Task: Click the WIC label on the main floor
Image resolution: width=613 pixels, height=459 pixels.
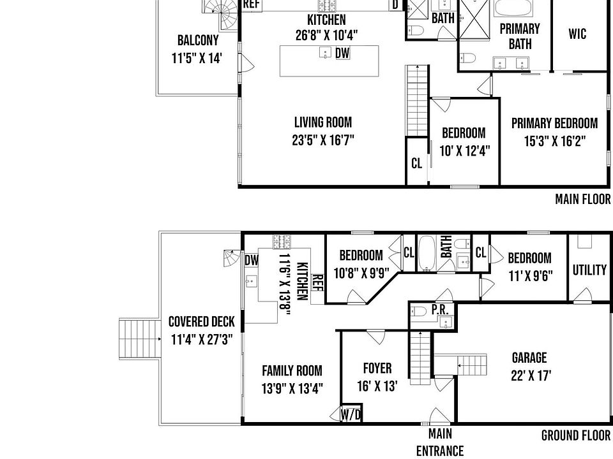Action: coord(577,34)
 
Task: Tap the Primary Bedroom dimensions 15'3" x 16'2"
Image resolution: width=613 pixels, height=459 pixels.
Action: coord(554,141)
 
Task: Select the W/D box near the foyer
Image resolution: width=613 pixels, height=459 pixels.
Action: coord(351,414)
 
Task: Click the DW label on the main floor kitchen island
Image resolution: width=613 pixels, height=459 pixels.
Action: coord(343,54)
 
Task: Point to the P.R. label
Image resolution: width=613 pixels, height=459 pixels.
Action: coord(439,309)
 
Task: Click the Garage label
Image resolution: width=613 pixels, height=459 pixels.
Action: coord(529,358)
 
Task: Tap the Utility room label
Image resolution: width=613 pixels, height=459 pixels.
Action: coord(589,270)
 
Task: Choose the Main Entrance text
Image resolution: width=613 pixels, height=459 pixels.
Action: coord(440,442)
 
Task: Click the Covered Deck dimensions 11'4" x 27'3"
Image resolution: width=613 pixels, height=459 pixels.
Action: coord(202,339)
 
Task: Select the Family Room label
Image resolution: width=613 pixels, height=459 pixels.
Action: coord(292,370)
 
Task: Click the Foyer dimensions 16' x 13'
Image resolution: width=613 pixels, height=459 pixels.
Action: coord(377,386)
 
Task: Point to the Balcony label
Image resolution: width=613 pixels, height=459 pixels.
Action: coord(198,41)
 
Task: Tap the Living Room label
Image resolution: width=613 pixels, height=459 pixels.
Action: coord(322,122)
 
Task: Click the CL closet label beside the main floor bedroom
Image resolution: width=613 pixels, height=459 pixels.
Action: coord(416,164)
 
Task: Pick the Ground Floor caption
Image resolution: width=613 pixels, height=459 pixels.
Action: coord(576,436)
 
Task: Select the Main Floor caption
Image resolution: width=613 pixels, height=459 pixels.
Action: coord(582,200)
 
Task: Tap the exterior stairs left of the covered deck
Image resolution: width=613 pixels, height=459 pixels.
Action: coord(138,340)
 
